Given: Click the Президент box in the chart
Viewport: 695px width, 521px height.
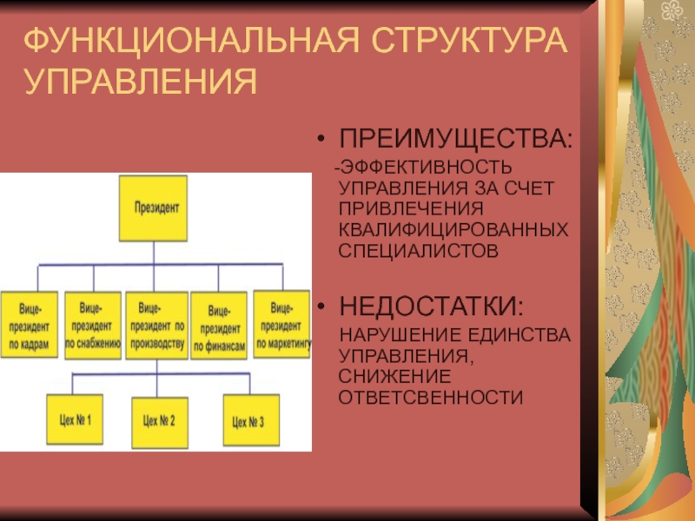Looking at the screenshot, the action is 153,208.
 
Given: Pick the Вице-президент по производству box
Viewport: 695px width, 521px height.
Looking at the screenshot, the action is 156,326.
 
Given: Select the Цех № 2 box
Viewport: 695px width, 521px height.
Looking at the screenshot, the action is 159,422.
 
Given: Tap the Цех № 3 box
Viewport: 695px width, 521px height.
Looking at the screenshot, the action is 249,423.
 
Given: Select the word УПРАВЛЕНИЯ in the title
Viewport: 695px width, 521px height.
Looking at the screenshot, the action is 140,83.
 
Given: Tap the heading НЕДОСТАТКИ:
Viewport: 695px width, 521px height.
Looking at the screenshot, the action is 432,307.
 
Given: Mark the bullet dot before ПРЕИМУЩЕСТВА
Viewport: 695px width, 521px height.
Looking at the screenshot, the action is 322,140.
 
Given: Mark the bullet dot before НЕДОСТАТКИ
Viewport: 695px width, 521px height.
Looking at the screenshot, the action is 322,307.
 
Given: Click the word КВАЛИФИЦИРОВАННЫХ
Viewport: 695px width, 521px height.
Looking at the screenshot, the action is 454,230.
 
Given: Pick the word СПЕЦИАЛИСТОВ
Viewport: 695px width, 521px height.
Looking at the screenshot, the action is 419,251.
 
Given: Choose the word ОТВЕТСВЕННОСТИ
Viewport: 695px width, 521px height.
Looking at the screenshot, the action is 431,398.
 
